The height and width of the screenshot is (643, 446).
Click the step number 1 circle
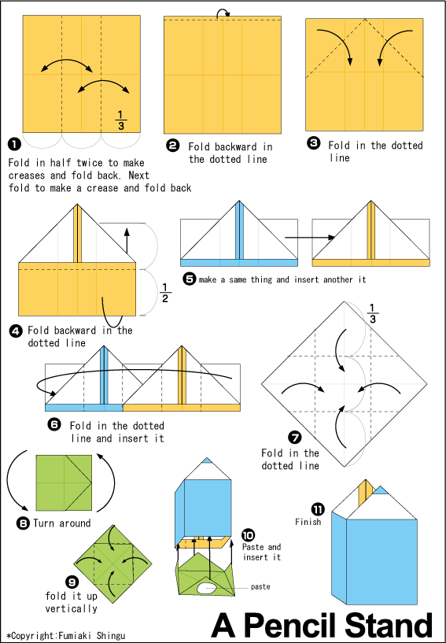pyautogui.click(x=13, y=144)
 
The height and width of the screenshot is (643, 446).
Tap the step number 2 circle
pyautogui.click(x=172, y=146)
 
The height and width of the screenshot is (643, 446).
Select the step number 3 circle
pyautogui.click(x=314, y=143)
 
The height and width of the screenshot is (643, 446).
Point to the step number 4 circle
pyautogui.click(x=16, y=331)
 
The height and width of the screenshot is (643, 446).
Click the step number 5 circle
pyautogui.click(x=189, y=279)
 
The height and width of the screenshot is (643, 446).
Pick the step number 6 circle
pyautogui.click(x=54, y=424)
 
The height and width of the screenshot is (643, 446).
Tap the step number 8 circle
pyautogui.click(x=24, y=523)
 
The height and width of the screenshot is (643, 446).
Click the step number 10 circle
pyautogui.click(x=248, y=534)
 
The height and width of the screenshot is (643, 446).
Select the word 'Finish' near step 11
pyautogui.click(x=308, y=521)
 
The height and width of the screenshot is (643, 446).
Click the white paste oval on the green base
pyautogui.click(x=208, y=587)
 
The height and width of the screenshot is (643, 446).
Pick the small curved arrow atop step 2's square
pyautogui.click(x=223, y=12)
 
